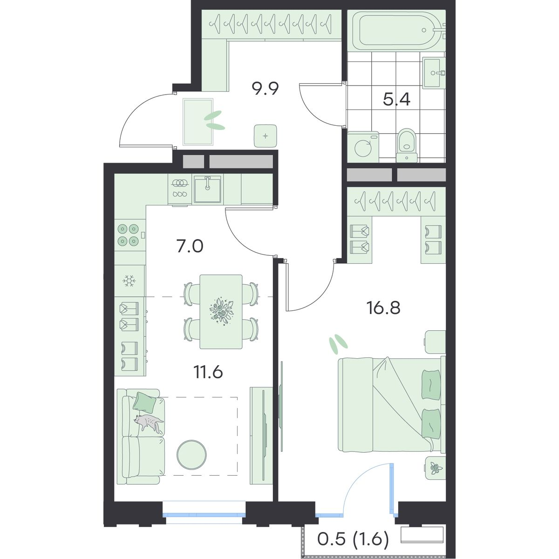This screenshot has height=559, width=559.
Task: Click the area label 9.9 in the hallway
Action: [x=265, y=89]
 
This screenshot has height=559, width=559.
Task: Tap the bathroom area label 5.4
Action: [x=396, y=100]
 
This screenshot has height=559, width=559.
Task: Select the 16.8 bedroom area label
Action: [x=383, y=308]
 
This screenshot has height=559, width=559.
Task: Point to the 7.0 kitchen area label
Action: [x=190, y=246]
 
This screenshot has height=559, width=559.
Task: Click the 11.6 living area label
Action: [x=208, y=372]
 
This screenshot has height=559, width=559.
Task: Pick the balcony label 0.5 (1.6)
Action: [x=353, y=539]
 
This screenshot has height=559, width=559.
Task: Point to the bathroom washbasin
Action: [x=434, y=73]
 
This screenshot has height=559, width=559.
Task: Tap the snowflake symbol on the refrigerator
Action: [x=128, y=281]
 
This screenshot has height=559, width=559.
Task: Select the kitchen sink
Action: [x=207, y=189]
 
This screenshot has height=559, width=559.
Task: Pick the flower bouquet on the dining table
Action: [x=221, y=311]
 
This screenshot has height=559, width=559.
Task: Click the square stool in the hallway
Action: [x=266, y=136]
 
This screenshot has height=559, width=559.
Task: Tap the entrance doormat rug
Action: [x=198, y=122]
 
